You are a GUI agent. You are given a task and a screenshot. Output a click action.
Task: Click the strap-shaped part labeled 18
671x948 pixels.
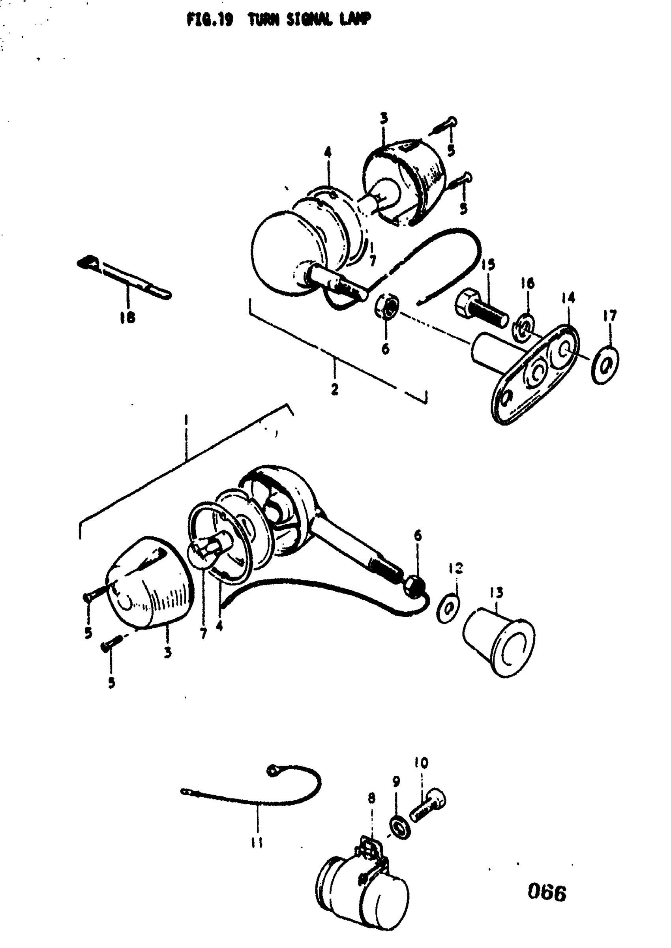pos(124,277)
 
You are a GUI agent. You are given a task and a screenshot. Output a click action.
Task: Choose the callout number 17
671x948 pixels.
pos(610,316)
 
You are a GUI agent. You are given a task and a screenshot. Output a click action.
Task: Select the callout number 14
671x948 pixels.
pos(568,298)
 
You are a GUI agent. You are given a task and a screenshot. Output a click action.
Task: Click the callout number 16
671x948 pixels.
pos(527,283)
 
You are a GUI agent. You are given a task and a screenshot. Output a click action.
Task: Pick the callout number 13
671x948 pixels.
pos(496,593)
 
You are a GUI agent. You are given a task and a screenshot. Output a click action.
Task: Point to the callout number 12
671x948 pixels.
pos(456,568)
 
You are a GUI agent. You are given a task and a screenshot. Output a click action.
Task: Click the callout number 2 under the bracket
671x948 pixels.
pos(335,389)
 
